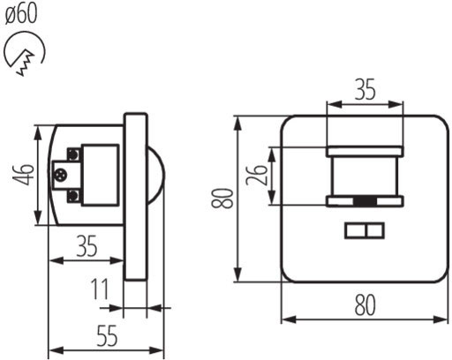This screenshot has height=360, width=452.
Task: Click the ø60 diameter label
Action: pyautogui.click(x=21, y=14)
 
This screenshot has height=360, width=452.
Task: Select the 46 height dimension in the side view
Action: pyautogui.click(x=23, y=175)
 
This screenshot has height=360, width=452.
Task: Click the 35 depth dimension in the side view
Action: pyautogui.click(x=87, y=246)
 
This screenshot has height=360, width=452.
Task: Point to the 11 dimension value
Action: pyautogui.click(x=100, y=289)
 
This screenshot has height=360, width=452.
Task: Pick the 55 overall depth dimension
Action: pyautogui.click(x=107, y=335)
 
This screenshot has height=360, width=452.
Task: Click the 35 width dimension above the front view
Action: pyautogui.click(x=365, y=89)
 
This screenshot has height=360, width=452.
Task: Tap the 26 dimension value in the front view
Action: pyautogui.click(x=257, y=175)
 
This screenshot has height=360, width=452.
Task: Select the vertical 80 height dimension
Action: pyautogui.click(x=222, y=199)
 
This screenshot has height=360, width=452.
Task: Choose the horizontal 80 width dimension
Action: pyautogui.click(x=365, y=305)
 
